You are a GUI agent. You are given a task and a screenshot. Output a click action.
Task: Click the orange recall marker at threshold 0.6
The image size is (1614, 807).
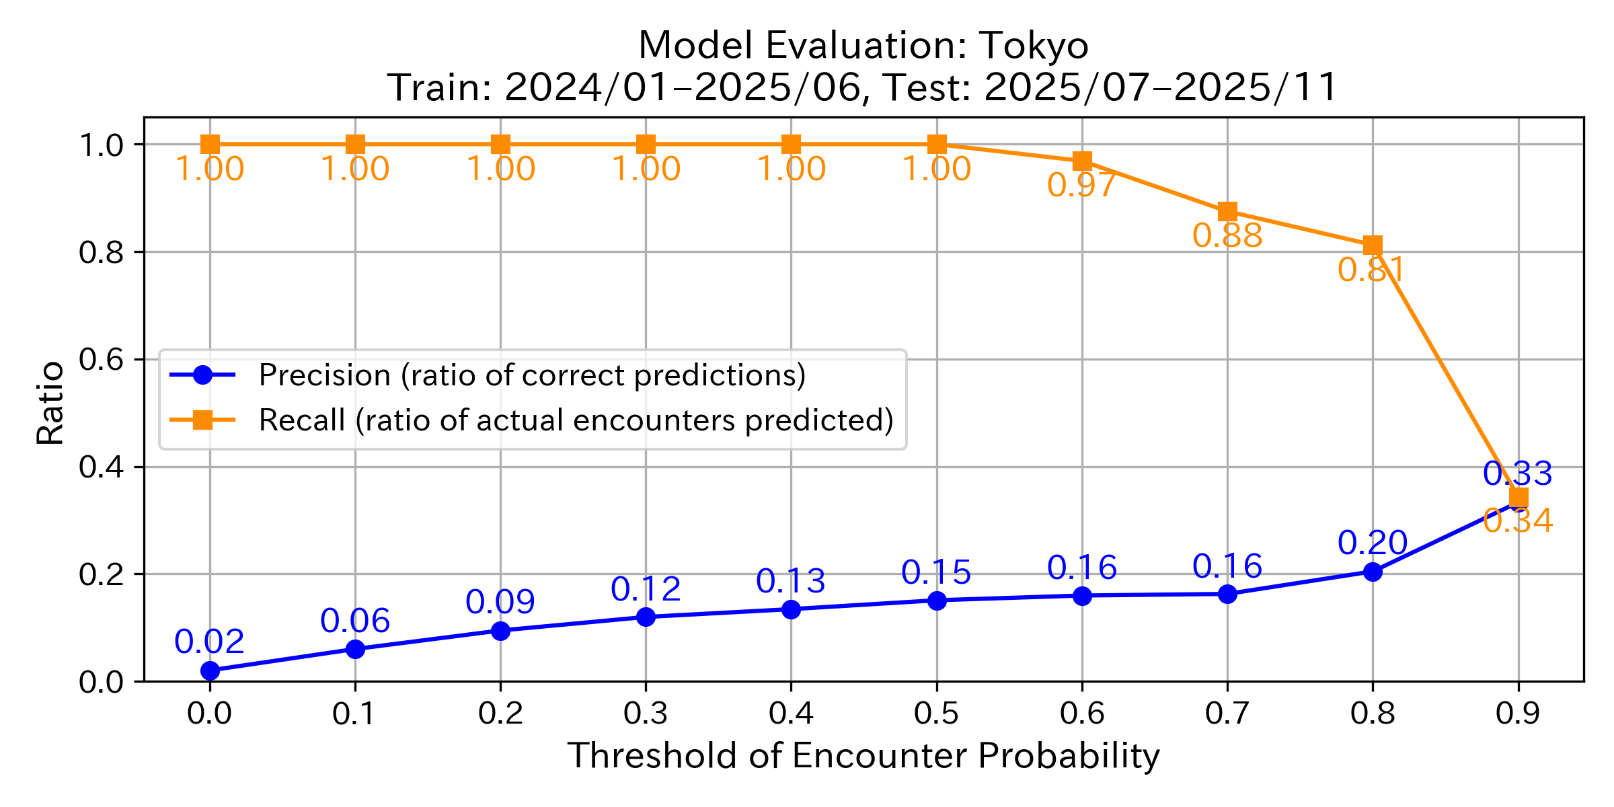(1082, 161)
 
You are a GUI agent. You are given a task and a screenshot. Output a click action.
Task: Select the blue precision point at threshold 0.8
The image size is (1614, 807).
(1373, 572)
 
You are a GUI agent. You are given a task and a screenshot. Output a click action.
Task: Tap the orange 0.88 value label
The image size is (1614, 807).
(1227, 236)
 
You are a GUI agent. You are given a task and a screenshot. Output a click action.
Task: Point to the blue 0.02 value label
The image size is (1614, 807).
(209, 642)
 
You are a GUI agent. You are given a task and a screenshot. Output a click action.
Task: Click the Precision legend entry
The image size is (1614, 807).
(531, 375)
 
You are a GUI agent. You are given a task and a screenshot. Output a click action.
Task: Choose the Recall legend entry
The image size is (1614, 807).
(576, 420)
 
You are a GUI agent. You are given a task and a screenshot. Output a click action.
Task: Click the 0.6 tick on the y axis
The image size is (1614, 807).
(101, 360)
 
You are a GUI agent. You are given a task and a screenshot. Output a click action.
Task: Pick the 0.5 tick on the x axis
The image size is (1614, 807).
(936, 714)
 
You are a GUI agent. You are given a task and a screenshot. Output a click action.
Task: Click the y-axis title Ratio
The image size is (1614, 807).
(50, 403)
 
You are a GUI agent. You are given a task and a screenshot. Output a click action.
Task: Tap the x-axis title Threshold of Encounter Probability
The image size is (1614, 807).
(863, 756)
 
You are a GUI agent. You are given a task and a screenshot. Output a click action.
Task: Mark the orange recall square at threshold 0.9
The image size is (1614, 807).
(1519, 498)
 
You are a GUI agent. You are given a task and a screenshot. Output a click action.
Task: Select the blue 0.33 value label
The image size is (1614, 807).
(1518, 474)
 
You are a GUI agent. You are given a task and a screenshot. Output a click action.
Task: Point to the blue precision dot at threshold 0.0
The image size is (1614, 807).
(210, 670)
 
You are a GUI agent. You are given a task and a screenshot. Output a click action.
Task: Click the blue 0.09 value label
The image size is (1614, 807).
(500, 602)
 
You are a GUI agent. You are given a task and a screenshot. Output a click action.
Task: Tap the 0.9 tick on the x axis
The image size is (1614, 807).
(1518, 714)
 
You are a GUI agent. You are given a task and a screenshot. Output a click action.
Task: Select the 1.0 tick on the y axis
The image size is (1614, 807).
(101, 145)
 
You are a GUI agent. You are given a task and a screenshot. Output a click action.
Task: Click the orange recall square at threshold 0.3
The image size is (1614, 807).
(646, 144)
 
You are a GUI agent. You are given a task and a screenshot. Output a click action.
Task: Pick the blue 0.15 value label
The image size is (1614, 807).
(936, 573)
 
